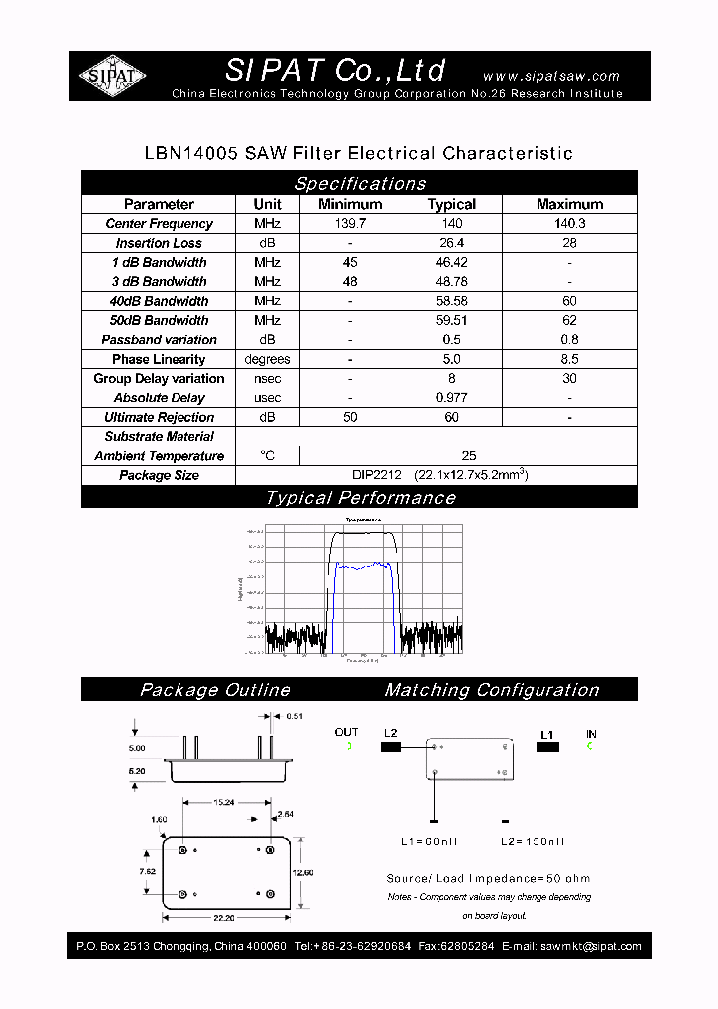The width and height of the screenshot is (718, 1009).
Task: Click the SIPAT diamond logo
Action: pyautogui.click(x=113, y=76)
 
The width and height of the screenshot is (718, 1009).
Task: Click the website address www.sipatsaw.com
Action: pyautogui.click(x=550, y=76)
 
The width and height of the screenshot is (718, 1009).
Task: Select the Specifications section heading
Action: pyautogui.click(x=359, y=183)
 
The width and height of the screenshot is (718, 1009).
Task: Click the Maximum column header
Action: pyautogui.click(x=569, y=204)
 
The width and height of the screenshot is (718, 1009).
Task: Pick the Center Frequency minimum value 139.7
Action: pyautogui.click(x=350, y=224)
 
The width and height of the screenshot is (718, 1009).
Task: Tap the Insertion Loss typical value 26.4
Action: pyautogui.click(x=451, y=243)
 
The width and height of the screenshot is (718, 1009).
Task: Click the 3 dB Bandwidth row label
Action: pyautogui.click(x=159, y=282)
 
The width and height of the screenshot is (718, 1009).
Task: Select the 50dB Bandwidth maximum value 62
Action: pyautogui.click(x=569, y=320)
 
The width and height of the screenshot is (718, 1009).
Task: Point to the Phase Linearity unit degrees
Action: pyautogui.click(x=267, y=359)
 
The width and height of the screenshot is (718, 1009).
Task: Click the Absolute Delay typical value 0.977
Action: pyautogui.click(x=451, y=398)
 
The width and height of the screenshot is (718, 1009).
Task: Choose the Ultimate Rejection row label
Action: pyautogui.click(x=159, y=417)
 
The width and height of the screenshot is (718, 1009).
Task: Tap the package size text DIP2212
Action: pyautogui.click(x=375, y=475)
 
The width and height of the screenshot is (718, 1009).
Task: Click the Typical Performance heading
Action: pyautogui.click(x=359, y=498)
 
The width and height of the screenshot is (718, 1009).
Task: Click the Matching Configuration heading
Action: pyautogui.click(x=492, y=690)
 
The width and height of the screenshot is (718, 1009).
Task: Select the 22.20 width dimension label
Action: pyautogui.click(x=222, y=918)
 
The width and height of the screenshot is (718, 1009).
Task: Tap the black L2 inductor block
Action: pyautogui.click(x=390, y=746)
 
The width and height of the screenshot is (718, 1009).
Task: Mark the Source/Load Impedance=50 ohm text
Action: pyautogui.click(x=488, y=878)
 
